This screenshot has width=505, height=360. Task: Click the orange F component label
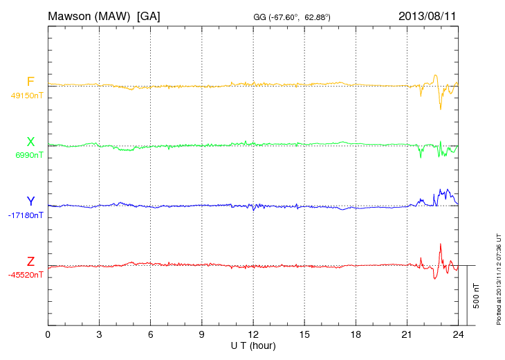click(30, 82)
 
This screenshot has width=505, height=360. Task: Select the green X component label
click(30, 142)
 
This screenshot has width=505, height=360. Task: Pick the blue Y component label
click(30, 201)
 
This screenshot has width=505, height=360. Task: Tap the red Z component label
click(30, 261)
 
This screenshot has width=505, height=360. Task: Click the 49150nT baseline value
click(26, 96)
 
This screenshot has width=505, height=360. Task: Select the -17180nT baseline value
click(26, 215)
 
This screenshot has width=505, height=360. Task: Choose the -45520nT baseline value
click(26, 275)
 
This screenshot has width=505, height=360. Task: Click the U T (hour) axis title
click(253, 345)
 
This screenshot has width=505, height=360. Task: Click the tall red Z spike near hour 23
click(440, 245)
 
